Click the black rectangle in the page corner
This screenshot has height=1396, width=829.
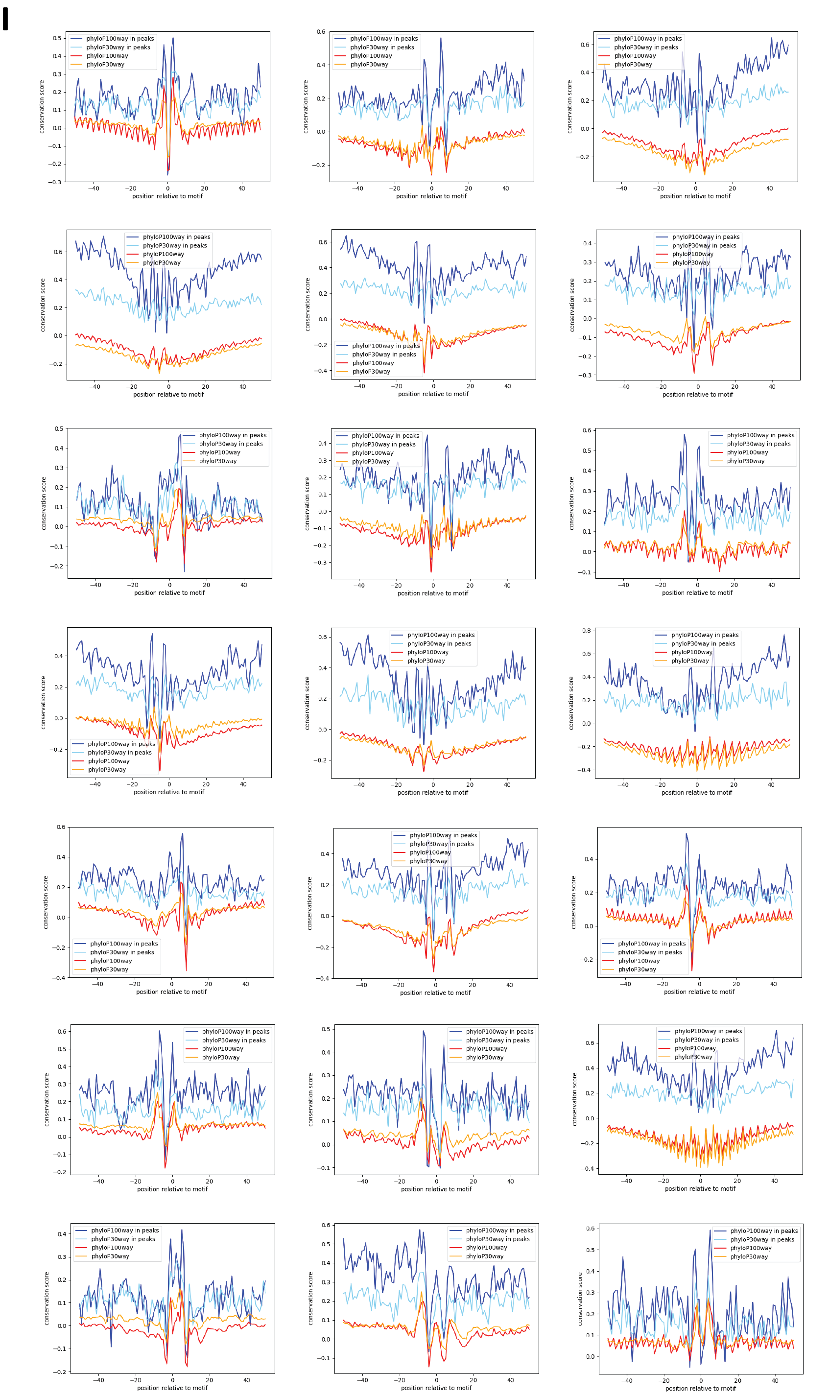point(5,19)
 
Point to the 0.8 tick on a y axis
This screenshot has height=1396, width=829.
point(586,631)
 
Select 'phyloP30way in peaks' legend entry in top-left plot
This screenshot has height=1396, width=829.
point(118,47)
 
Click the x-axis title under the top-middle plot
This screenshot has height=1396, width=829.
point(431,196)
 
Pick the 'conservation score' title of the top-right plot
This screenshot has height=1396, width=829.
point(569,107)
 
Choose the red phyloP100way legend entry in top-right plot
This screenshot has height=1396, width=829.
point(635,56)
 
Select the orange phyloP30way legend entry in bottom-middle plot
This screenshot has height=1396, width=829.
point(484,1256)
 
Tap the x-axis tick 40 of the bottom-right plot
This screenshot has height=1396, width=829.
point(775,1380)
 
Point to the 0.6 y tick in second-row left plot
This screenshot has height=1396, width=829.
point(58,252)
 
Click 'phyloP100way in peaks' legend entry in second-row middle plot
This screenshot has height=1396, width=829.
point(385,346)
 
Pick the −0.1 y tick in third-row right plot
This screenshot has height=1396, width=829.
point(587,572)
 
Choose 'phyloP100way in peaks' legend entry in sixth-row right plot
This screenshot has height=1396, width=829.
point(708,1031)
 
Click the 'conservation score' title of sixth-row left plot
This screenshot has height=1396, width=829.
point(47,1099)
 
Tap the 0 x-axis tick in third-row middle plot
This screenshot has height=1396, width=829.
point(433,586)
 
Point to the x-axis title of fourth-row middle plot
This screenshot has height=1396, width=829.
point(432,793)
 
